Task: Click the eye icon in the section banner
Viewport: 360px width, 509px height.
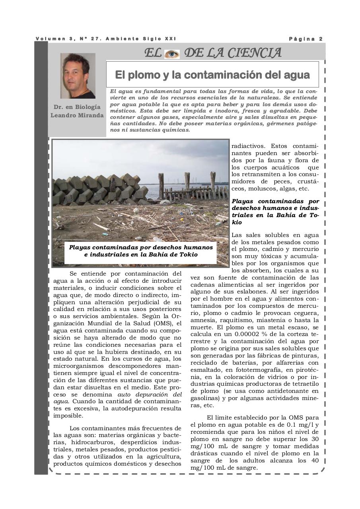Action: click(172, 53)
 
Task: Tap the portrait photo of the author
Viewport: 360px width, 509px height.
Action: click(78, 76)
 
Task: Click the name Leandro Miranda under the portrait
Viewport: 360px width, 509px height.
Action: click(77, 115)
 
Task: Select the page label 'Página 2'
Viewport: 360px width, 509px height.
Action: click(306, 39)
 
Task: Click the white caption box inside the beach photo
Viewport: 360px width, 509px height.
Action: click(141, 251)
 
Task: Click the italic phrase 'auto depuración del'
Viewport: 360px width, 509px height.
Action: click(150, 394)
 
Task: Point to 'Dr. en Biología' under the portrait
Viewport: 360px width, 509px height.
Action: click(77, 107)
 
